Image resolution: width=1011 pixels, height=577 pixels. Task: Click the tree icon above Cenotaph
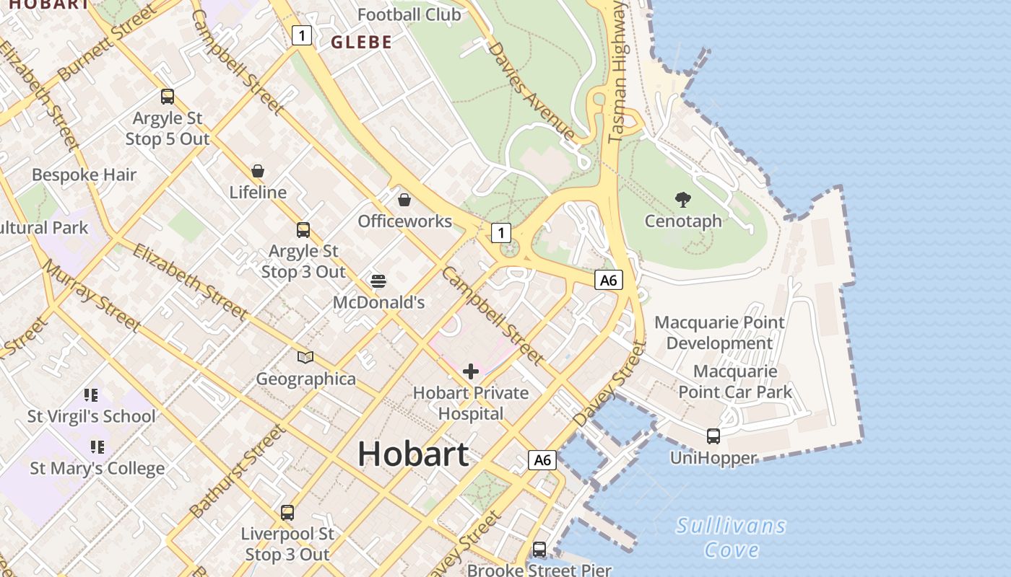[x=682, y=200]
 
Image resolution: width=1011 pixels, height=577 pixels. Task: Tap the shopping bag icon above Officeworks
[x=404, y=200]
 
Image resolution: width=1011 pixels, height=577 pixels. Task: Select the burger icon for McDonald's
[x=378, y=281]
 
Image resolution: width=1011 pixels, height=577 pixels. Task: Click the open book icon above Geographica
[x=305, y=357]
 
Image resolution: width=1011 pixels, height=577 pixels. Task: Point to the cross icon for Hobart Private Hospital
[x=471, y=371]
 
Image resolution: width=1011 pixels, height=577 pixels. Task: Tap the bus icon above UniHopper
[x=713, y=436]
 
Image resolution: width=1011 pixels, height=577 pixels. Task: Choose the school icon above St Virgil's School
[x=90, y=395]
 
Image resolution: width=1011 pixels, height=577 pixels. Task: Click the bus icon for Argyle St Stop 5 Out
[x=168, y=96]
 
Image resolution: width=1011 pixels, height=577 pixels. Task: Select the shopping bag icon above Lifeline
[x=258, y=171]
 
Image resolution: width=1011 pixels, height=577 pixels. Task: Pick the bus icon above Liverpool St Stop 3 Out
[x=287, y=513]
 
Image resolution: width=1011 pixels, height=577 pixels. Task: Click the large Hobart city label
[x=413, y=454]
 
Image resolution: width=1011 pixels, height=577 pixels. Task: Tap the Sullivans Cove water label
[x=731, y=538]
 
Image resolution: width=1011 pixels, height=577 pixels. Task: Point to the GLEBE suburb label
[x=361, y=43]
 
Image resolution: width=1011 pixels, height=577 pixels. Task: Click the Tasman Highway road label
[x=618, y=72]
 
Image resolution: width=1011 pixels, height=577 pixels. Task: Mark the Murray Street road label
[x=90, y=295]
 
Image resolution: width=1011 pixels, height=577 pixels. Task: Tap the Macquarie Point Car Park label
[x=735, y=382]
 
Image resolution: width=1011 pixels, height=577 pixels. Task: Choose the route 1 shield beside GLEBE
[x=302, y=35]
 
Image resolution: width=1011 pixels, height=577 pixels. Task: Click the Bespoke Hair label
[x=84, y=175]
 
